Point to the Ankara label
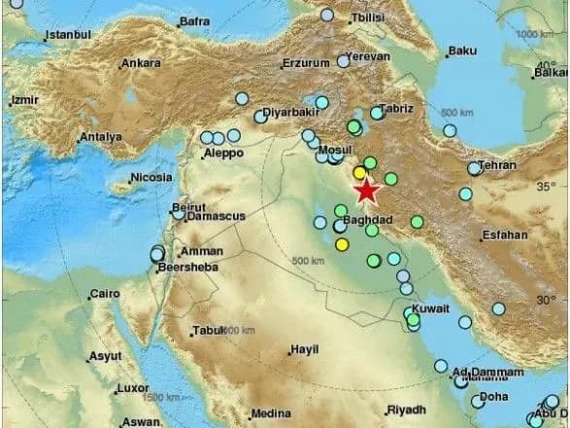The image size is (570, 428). (140, 64)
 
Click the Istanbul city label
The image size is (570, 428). (69, 35)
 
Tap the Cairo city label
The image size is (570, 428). (102, 293)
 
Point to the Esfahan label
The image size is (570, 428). (507, 235)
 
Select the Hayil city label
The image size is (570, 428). (305, 350)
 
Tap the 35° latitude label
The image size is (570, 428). (551, 186)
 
